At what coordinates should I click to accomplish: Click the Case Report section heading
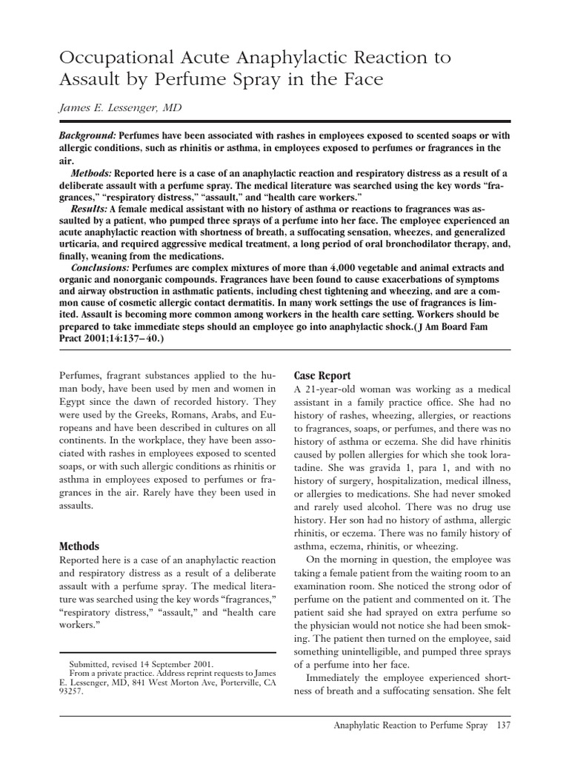point(323,375)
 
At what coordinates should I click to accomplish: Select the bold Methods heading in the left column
point(79,546)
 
